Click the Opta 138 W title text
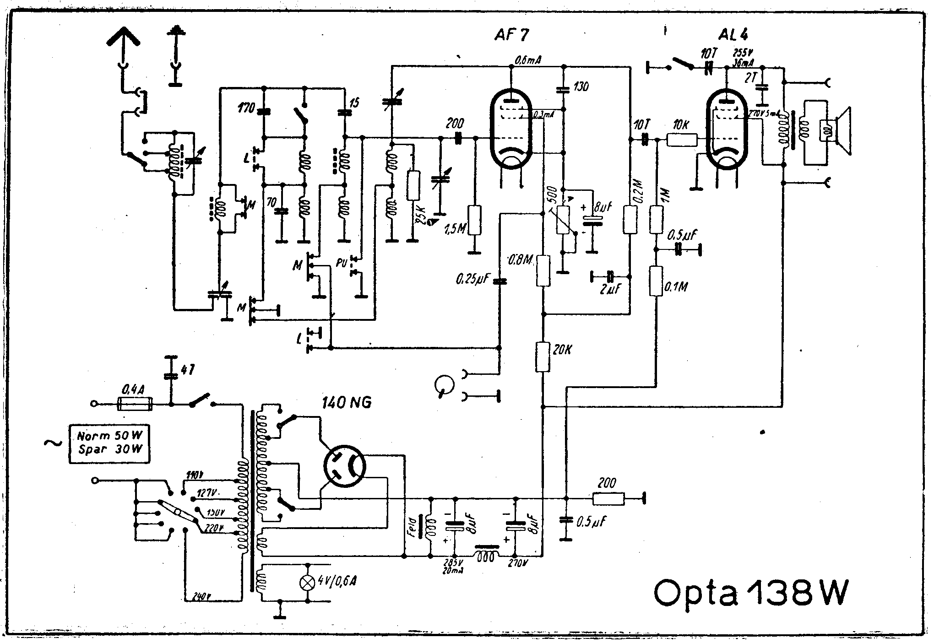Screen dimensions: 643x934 pyautogui.click(x=751, y=594)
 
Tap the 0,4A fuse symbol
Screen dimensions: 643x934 pyautogui.click(x=135, y=404)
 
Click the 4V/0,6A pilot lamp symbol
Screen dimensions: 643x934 pyautogui.click(x=306, y=582)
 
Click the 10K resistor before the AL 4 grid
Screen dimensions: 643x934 pyautogui.click(x=682, y=140)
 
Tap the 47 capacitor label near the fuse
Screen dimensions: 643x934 pyautogui.click(x=188, y=370)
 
